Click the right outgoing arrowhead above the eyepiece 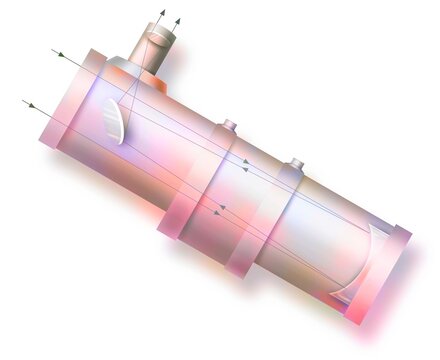coord(178,19)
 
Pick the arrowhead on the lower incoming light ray coord(30,103)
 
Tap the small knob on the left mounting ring coord(229,125)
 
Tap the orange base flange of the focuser coord(140,75)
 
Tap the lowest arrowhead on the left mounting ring coord(216,212)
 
